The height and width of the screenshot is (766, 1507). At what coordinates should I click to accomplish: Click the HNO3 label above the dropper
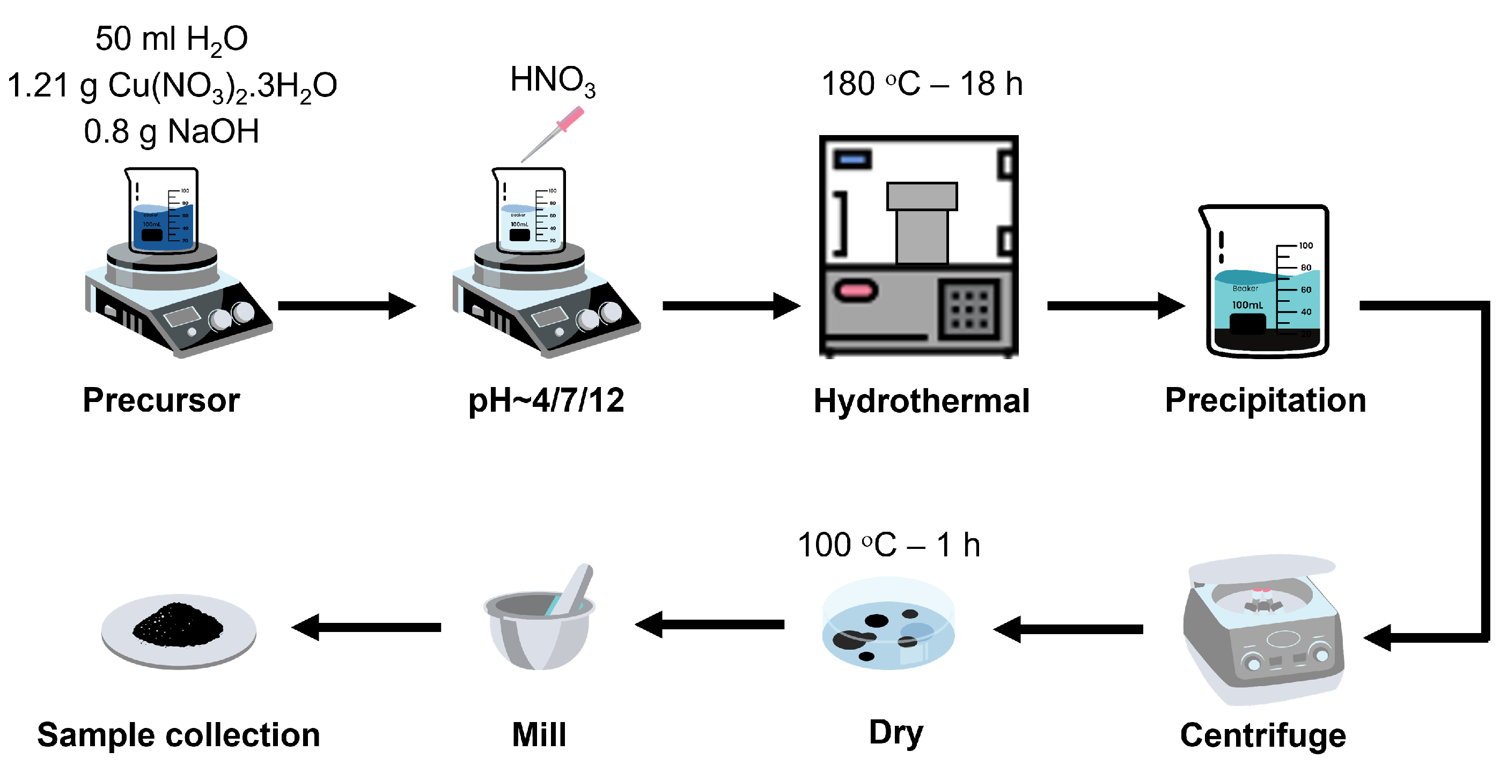(x=552, y=81)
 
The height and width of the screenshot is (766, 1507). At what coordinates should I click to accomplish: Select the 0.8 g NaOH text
(x=171, y=131)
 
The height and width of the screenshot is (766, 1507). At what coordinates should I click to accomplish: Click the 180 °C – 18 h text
(x=922, y=84)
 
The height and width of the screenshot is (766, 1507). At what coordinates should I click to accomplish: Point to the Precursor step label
(x=161, y=400)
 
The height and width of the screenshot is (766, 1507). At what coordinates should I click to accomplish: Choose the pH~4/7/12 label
(x=546, y=400)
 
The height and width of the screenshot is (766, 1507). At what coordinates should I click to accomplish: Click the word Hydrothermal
(x=921, y=401)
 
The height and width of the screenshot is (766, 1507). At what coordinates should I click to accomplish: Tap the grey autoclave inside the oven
(x=921, y=225)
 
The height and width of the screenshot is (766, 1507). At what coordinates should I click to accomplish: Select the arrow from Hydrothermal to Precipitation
(x=1115, y=306)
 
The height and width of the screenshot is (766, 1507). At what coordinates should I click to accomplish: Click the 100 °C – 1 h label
(x=888, y=545)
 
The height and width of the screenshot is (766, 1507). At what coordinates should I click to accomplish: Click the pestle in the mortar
(x=574, y=587)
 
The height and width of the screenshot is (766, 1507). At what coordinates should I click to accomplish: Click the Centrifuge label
(x=1262, y=735)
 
